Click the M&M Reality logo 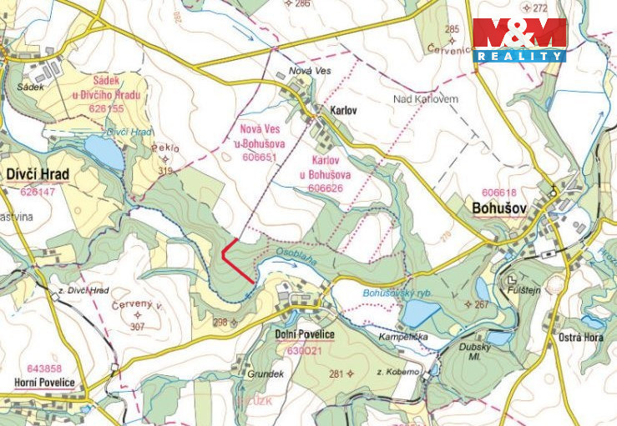pyautogui.click(x=519, y=39)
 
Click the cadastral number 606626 pyautogui.click(x=326, y=188)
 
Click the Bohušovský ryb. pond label pyautogui.click(x=396, y=293)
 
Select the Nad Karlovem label pyautogui.click(x=425, y=99)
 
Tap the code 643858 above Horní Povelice pyautogui.click(x=44, y=368)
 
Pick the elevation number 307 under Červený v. pyautogui.click(x=137, y=327)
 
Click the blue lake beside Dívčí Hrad pyautogui.click(x=104, y=153)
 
